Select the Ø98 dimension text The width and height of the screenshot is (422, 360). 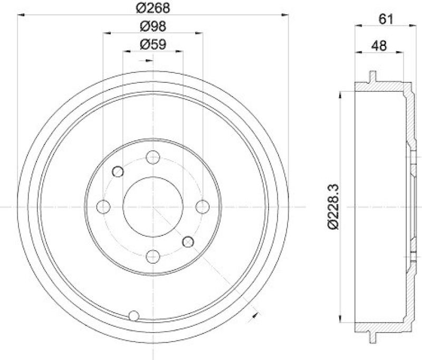(153, 26)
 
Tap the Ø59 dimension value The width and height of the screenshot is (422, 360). (153, 44)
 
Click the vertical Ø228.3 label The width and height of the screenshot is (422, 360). (332, 207)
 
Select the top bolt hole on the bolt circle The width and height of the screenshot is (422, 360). (153, 157)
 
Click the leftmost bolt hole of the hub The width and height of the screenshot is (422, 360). (105, 206)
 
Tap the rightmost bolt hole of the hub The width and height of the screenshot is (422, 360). (202, 206)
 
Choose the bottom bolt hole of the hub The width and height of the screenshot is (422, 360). (153, 256)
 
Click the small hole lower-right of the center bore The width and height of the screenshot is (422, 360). (187, 241)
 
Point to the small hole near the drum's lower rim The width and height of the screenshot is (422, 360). (134, 315)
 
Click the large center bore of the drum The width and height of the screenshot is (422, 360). (153, 206)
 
